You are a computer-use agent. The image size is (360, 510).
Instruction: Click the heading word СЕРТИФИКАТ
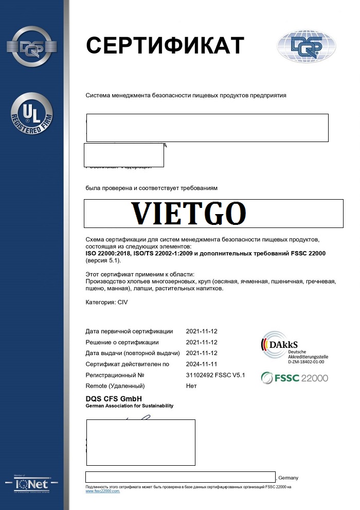[x=165, y=45]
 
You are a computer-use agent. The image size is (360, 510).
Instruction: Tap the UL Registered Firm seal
[x=32, y=114]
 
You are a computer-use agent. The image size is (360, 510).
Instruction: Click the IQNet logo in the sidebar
[x=32, y=484]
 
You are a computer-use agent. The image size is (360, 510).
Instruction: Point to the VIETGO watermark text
[x=188, y=213]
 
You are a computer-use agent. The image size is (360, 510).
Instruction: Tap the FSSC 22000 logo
[x=294, y=378]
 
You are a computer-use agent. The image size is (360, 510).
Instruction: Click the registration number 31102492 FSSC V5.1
[x=215, y=375]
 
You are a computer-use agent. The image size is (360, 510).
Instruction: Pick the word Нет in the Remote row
[x=191, y=386]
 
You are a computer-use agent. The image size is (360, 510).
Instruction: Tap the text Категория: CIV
[x=106, y=302]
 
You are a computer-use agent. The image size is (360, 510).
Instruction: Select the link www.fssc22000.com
[x=102, y=491]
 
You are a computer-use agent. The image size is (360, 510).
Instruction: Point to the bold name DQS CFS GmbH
[x=113, y=399]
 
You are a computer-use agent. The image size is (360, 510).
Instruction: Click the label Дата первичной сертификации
[x=129, y=331]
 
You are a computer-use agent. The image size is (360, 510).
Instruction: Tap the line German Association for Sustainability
[x=129, y=406]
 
